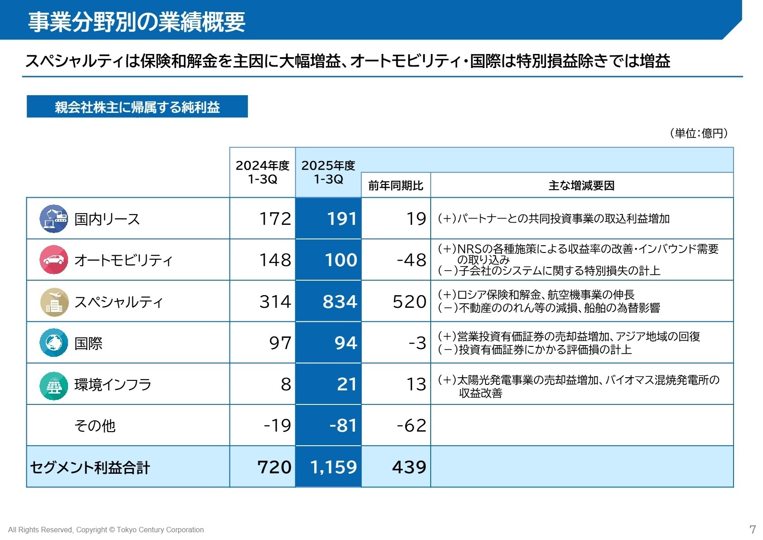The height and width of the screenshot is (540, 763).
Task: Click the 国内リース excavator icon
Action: pyautogui.click(x=53, y=219)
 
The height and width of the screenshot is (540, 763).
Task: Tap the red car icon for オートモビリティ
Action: pyautogui.click(x=53, y=260)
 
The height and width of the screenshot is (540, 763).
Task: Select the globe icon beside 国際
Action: pyautogui.click(x=53, y=343)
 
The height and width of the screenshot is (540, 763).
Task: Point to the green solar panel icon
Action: pyautogui.click(x=53, y=385)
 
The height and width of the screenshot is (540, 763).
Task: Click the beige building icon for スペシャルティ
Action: pyautogui.click(x=53, y=302)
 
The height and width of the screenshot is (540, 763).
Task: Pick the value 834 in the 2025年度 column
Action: pyautogui.click(x=340, y=302)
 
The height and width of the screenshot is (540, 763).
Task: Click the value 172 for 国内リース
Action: pyautogui.click(x=275, y=219)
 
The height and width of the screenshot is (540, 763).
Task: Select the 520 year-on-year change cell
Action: pyautogui.click(x=409, y=302)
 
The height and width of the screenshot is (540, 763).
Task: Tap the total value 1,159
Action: pyautogui.click(x=334, y=467)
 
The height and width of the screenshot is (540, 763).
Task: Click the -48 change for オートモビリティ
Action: pyautogui.click(x=411, y=260)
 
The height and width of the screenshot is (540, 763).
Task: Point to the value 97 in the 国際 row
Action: pyautogui.click(x=280, y=343)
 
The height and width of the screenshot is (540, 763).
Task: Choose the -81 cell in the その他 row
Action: pyautogui.click(x=343, y=425)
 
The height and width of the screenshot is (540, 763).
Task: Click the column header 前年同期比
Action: pyautogui.click(x=395, y=185)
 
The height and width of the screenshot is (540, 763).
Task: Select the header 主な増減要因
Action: pyautogui.click(x=581, y=185)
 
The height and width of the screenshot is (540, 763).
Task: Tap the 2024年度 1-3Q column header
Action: pyautogui.click(x=262, y=172)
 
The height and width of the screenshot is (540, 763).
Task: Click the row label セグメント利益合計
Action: pyautogui.click(x=90, y=467)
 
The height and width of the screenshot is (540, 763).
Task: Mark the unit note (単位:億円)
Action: pyautogui.click(x=699, y=133)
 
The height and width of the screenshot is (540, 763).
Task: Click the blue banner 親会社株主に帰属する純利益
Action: pyautogui.click(x=137, y=107)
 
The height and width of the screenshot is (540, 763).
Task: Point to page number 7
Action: pyautogui.click(x=753, y=529)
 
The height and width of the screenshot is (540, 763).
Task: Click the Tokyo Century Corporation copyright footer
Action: pyautogui.click(x=106, y=530)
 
